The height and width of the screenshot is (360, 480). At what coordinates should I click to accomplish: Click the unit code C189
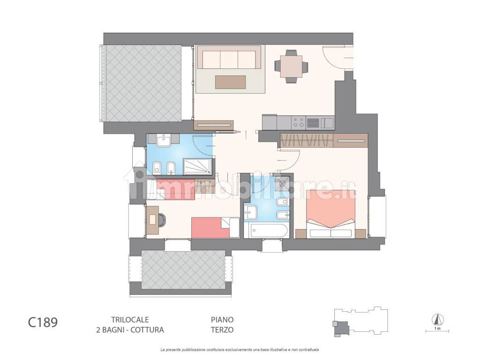coord(43,323)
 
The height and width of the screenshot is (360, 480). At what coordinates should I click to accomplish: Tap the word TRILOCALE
coord(124,319)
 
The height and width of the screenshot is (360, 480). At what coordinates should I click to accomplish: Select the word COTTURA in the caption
coord(147,330)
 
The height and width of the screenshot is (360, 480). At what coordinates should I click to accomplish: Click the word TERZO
coord(222,330)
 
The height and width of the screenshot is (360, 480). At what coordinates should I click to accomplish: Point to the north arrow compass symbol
coord(437,319)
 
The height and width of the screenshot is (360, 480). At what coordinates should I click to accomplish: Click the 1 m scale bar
coord(437,331)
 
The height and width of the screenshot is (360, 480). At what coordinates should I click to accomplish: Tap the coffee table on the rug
coord(231,82)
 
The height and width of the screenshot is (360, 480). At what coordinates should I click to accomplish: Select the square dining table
coord(291,67)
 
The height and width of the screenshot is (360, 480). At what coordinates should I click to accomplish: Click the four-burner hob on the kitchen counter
coord(298,123)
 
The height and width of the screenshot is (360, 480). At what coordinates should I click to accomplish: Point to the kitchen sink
coord(313,123)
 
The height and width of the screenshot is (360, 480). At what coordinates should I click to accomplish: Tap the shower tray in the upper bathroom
coord(197,165)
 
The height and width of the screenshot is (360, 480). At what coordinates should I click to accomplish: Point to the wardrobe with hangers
coord(307,140)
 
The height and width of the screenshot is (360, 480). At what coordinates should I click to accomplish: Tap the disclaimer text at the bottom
coord(240,350)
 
